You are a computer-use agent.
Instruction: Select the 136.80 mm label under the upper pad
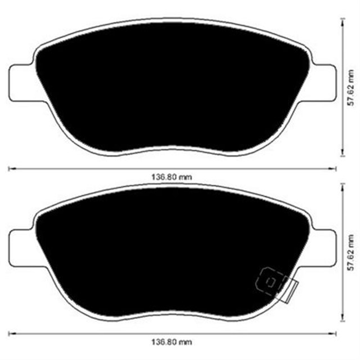pos(172,176)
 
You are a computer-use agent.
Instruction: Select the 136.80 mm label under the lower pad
pos(172,343)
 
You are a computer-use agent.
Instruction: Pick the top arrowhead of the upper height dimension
pos(343,19)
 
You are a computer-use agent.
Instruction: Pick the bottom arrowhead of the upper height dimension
pos(343,155)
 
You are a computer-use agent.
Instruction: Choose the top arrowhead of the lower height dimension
pos(343,185)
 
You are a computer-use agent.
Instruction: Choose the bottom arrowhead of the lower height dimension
pos(343,321)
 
